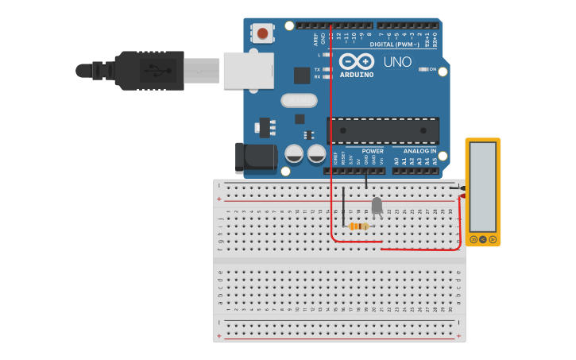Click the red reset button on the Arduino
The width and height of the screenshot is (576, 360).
[262, 33]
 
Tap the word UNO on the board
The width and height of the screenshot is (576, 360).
[397, 62]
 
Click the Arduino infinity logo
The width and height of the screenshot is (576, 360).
[356, 61]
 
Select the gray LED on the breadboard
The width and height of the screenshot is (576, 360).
[377, 206]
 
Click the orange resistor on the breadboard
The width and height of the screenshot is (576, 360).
[358, 226]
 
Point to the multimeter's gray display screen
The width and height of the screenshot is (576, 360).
[482, 187]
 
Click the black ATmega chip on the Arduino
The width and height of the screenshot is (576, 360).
[383, 130]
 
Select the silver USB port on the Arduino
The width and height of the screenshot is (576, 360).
[248, 70]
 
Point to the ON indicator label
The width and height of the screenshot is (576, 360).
[433, 70]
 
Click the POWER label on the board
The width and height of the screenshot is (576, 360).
[373, 151]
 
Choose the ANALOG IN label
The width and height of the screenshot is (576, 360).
[419, 151]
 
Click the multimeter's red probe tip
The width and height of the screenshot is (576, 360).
[461, 196]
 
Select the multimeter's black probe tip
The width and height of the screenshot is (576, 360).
[461, 188]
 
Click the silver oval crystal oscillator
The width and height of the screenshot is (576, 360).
[298, 101]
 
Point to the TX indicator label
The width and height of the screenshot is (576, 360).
[317, 69]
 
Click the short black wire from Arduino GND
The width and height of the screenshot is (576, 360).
[366, 181]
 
